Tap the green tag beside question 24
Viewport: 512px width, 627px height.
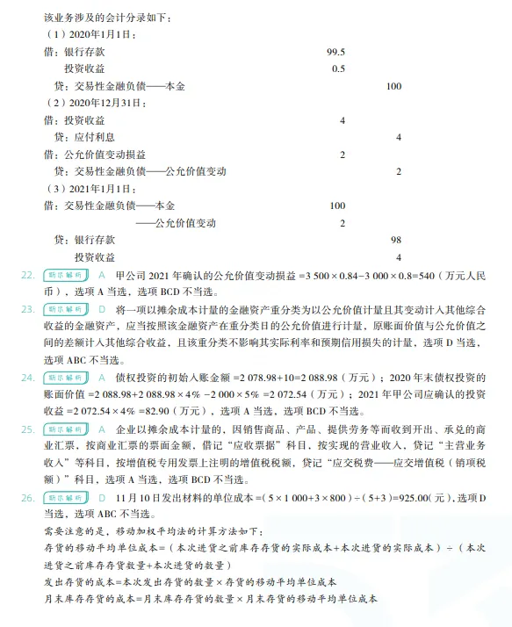63,377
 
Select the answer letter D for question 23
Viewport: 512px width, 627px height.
101,309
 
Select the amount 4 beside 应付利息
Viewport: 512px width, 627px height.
398,137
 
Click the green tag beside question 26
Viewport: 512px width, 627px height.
63,497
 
